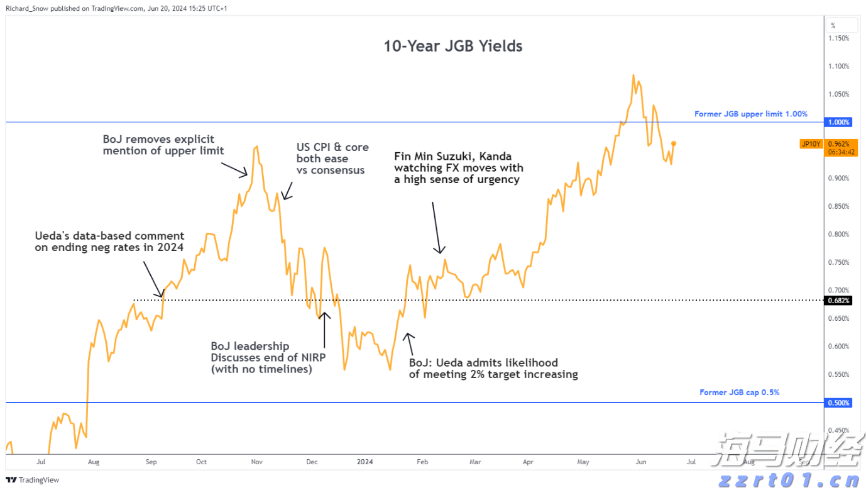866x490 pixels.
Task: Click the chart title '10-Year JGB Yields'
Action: (x=453, y=46)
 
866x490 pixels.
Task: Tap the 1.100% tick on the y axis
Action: (x=840, y=66)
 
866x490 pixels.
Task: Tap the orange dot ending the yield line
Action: (x=674, y=143)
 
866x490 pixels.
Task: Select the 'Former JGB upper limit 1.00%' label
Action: (x=750, y=114)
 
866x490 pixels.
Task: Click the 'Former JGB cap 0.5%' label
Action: (x=739, y=393)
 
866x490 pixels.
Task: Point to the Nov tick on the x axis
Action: (x=256, y=462)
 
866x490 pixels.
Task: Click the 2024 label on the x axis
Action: (x=364, y=462)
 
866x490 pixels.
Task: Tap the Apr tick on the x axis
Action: (x=528, y=462)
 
